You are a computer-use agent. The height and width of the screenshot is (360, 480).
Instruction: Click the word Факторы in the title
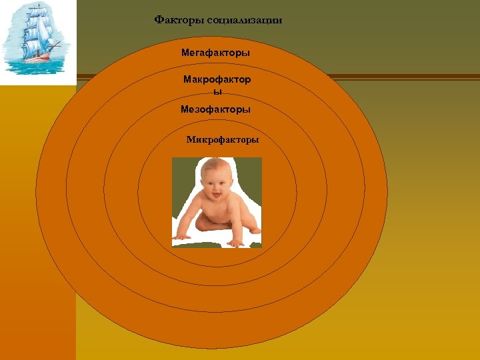pyautogui.click(x=179, y=20)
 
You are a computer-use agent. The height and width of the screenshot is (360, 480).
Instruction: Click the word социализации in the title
pyautogui.click(x=244, y=20)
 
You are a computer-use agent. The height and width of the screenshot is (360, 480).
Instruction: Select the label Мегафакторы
pyautogui.click(x=216, y=52)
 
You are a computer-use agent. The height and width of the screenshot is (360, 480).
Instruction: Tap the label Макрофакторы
pyautogui.click(x=217, y=79)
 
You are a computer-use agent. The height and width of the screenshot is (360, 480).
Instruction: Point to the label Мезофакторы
pyautogui.click(x=215, y=109)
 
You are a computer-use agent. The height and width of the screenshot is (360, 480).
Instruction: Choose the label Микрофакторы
pyautogui.click(x=223, y=140)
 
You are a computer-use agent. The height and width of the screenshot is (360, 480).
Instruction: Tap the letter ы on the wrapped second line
pyautogui.click(x=217, y=92)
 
